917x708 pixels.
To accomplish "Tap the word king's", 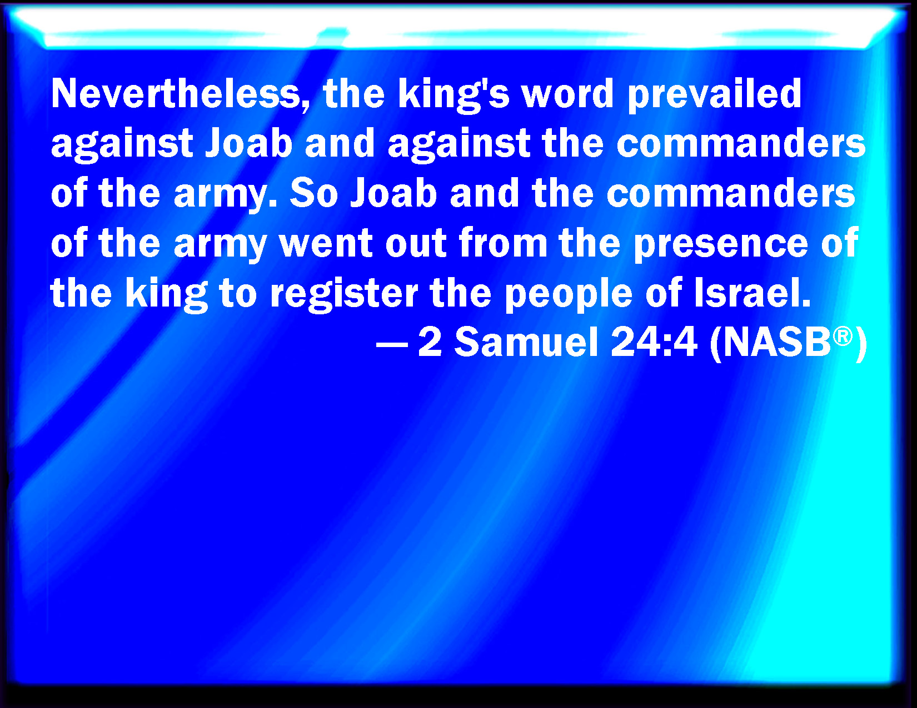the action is coord(454,96).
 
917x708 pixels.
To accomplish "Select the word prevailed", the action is coord(715,96).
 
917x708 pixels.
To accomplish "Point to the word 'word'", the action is coord(567,94).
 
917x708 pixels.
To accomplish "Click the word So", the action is coord(314,194).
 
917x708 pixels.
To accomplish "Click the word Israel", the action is coord(752,292).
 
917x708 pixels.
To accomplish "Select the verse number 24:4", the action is coord(654,343).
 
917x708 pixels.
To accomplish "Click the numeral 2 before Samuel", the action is coord(430,343).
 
